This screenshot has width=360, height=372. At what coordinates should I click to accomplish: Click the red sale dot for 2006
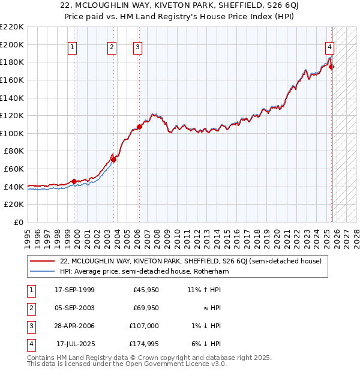click(x=139, y=127)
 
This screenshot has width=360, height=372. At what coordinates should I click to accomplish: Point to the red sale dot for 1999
click(x=74, y=181)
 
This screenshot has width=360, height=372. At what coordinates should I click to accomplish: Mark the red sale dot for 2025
click(x=332, y=67)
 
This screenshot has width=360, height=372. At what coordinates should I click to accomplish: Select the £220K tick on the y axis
click(x=13, y=27)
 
